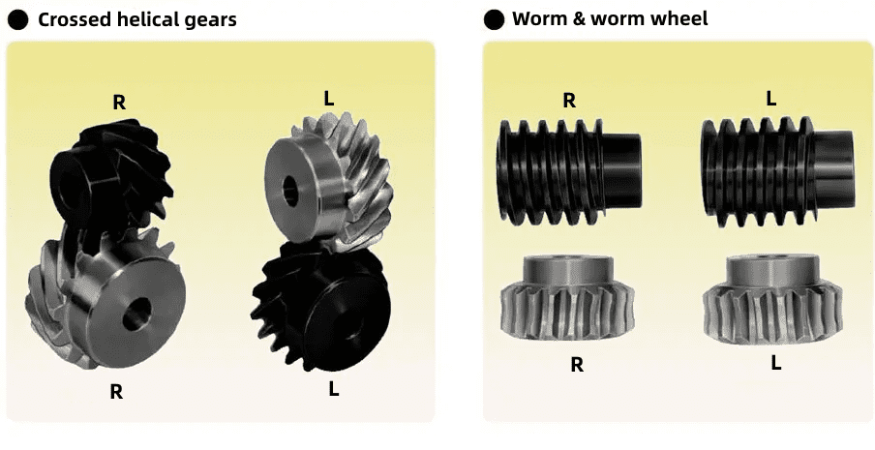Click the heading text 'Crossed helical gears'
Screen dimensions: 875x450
click(x=137, y=19)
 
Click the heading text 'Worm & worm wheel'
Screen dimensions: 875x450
click(x=610, y=18)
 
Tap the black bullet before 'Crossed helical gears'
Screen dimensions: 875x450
click(x=17, y=20)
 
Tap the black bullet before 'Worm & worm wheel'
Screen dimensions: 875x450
click(x=494, y=19)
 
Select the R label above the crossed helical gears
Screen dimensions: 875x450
click(x=119, y=103)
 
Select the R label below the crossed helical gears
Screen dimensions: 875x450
click(x=116, y=392)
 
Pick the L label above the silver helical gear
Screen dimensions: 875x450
click(x=329, y=99)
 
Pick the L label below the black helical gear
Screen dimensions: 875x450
click(x=333, y=389)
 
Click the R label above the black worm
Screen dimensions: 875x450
click(x=568, y=101)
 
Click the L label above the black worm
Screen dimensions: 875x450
click(x=770, y=99)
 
